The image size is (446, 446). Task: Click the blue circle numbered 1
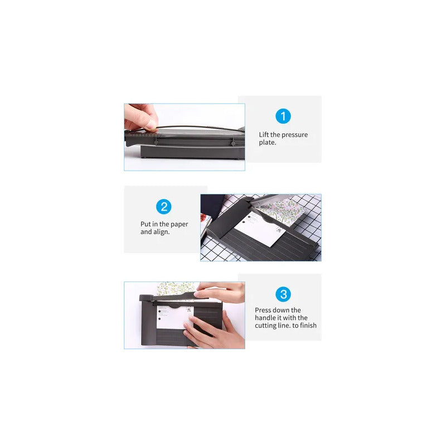coord(283,116)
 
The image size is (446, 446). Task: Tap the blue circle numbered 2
coord(163,206)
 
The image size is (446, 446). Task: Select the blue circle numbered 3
coord(283,294)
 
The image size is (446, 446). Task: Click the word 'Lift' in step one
coord(263,134)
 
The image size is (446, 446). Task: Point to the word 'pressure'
coord(295,135)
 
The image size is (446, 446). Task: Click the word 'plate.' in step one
coord(268,143)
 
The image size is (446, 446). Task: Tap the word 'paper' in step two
coord(179,225)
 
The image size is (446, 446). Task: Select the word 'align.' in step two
coord(162,232)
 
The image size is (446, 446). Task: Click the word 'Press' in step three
coord(263,310)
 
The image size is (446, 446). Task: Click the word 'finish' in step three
coord(308,325)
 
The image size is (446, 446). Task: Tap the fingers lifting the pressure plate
coord(141,117)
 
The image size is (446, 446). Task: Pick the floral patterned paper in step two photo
coord(280,211)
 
